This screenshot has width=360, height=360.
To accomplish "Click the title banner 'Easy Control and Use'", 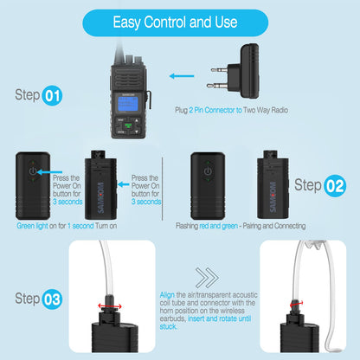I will coord(179,21).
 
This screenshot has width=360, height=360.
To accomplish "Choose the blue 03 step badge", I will coord(52,299).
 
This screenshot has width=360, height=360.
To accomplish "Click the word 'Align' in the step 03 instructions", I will coord(167,295).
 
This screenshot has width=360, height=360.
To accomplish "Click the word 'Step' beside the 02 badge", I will coord(308,184).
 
